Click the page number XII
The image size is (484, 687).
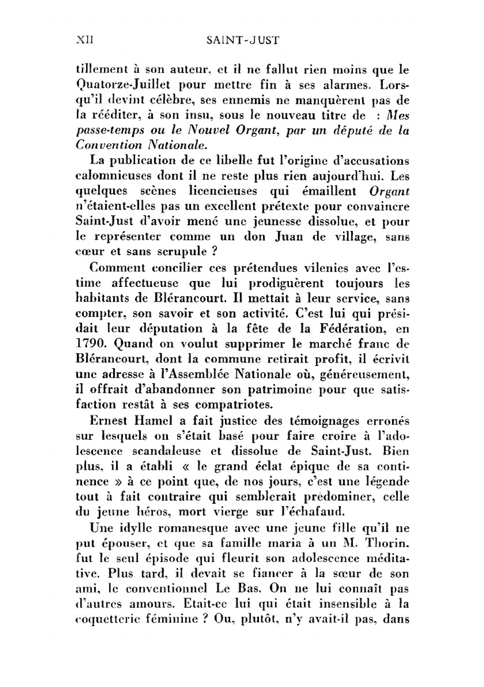coord(85,40)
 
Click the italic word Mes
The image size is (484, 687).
coord(398,115)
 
